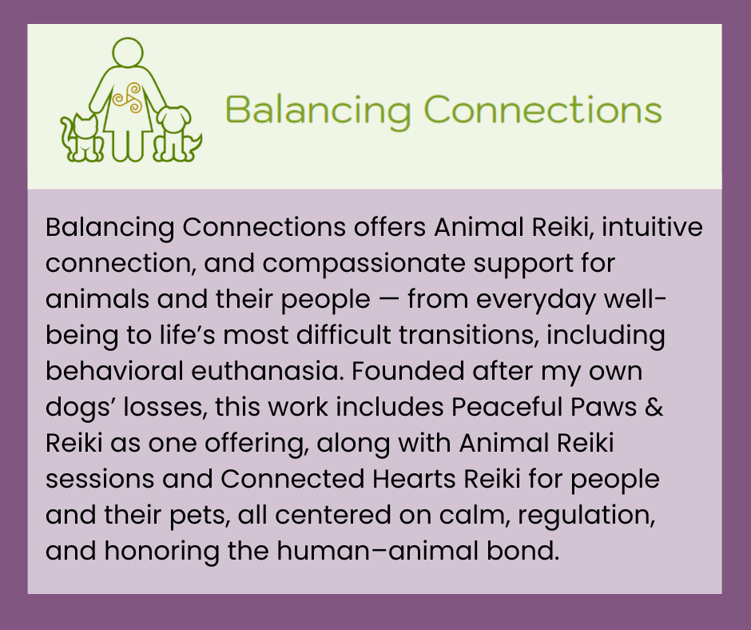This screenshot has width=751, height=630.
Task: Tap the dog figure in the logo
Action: tap(175, 134)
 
